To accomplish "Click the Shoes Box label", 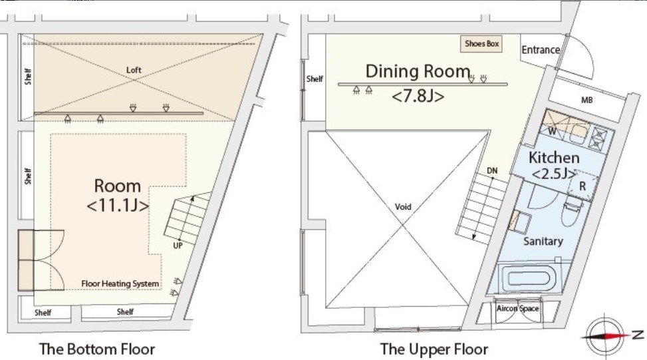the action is pyautogui.click(x=481, y=44).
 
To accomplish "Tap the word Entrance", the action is pyautogui.click(x=541, y=50).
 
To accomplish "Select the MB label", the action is pyautogui.click(x=586, y=100).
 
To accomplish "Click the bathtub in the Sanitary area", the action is pyautogui.click(x=529, y=277).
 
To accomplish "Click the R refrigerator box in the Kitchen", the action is pyautogui.click(x=582, y=186).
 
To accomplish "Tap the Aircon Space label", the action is pyautogui.click(x=517, y=308).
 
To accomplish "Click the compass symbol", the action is pyautogui.click(x=605, y=335).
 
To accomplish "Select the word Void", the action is pyautogui.click(x=403, y=206).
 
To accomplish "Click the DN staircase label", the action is pyautogui.click(x=492, y=170).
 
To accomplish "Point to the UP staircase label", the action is pyautogui.click(x=178, y=246).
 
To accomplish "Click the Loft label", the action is pyautogui.click(x=134, y=70).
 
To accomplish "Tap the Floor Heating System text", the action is pyautogui.click(x=120, y=283).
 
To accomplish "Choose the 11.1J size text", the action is pyautogui.click(x=118, y=205).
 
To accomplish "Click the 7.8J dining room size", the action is pyautogui.click(x=418, y=96).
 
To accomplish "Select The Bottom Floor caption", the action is pyautogui.click(x=97, y=349).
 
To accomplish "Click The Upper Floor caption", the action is pyautogui.click(x=434, y=349).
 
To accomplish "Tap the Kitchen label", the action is pyautogui.click(x=554, y=157).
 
